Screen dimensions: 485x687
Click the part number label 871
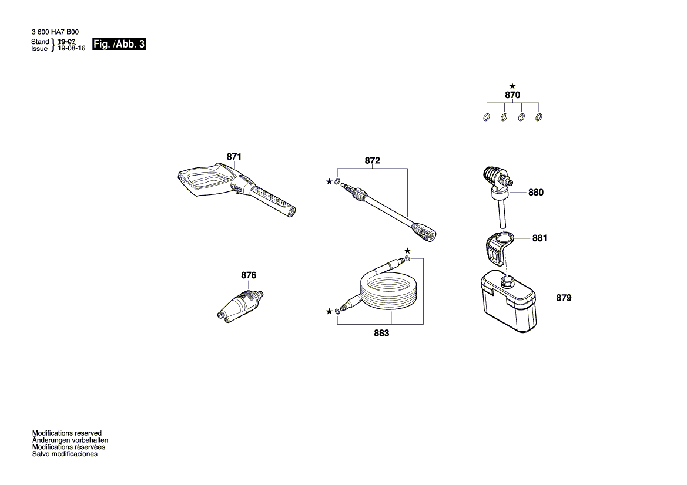[x=234, y=157]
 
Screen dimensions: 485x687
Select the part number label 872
[x=373, y=160]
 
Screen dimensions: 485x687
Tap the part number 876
[x=249, y=275]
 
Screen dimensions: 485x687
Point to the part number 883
[x=381, y=333]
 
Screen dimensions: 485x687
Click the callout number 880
[x=536, y=192]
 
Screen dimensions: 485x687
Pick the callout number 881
[x=539, y=238]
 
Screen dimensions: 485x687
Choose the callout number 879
[x=563, y=298]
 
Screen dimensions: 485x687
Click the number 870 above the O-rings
[x=512, y=95]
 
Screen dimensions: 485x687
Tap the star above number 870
[x=512, y=86]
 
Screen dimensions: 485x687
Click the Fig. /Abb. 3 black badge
[x=119, y=45]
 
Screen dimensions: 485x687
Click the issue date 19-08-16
[x=71, y=49]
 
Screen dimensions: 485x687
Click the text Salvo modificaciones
[x=65, y=454]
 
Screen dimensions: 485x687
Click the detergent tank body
[x=508, y=305]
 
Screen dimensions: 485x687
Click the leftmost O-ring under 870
[x=487, y=117]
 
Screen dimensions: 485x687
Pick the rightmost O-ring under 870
[x=539, y=117]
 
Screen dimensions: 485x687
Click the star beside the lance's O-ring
[x=329, y=182]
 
